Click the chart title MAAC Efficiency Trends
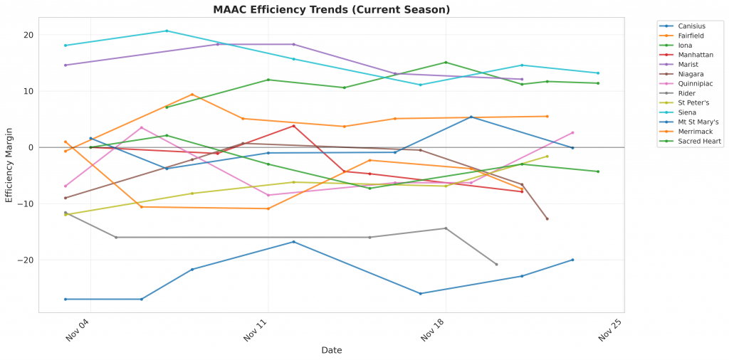coord(331,9)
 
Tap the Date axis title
coord(331,350)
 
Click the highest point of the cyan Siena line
coord(167,31)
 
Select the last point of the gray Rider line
coord(496,265)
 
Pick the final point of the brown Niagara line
coord(547,218)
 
